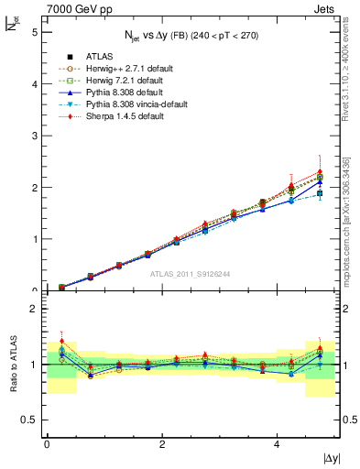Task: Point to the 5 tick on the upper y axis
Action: tap(34, 32)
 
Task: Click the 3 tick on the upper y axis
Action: tap(34, 136)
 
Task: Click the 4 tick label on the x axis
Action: tap(278, 444)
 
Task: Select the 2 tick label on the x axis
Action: tap(162, 444)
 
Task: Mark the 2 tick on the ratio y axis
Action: tap(34, 309)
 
